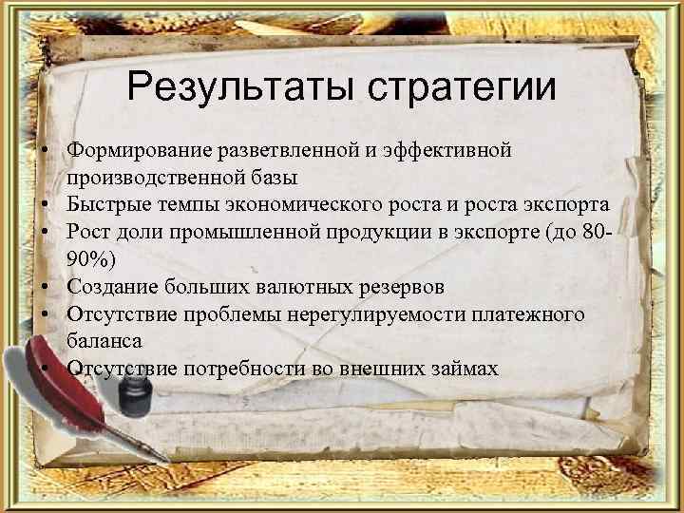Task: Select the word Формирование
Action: (139, 150)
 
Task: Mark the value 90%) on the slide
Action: (89, 257)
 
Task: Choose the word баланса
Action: (104, 339)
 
